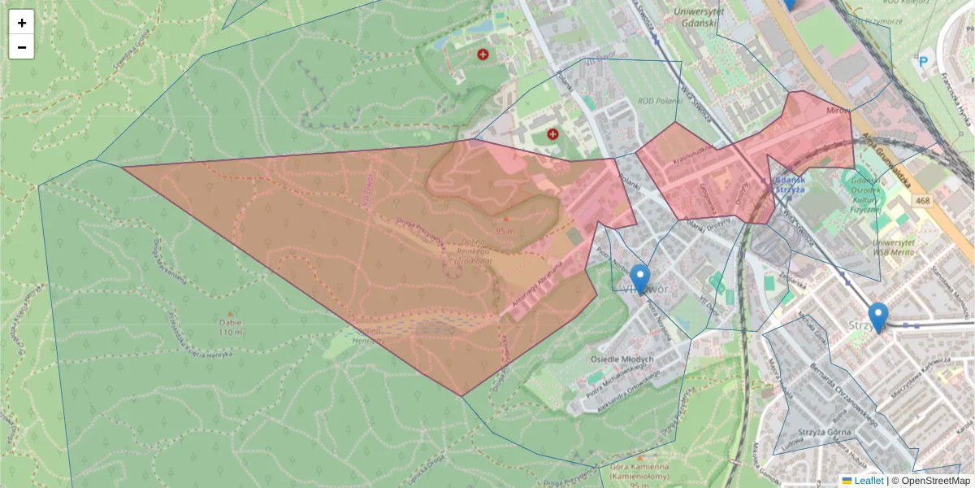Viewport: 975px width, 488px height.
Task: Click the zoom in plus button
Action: click(22, 23)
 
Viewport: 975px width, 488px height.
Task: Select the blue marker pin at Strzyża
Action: click(877, 316)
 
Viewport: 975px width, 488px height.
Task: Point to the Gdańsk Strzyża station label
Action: click(787, 183)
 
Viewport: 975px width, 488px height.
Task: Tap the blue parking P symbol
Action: click(923, 60)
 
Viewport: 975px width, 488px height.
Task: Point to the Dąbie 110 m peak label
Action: click(230, 327)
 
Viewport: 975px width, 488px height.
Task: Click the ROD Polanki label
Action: click(657, 101)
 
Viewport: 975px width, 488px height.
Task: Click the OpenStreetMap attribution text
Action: click(935, 481)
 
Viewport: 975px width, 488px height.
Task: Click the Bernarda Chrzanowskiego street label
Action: click(843, 397)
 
